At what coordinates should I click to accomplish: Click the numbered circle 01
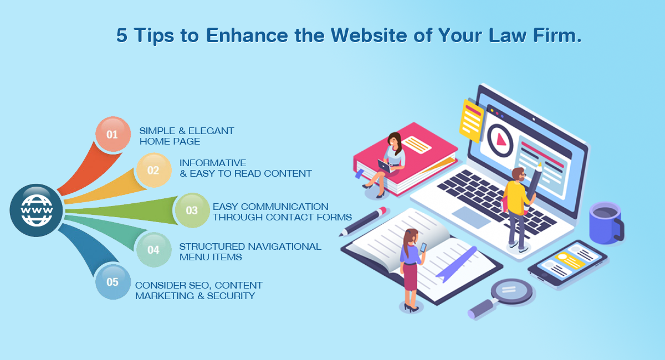tap(113, 134)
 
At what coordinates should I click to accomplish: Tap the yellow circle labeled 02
tap(154, 170)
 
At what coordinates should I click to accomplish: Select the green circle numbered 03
tap(192, 210)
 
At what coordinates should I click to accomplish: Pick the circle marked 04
tap(154, 250)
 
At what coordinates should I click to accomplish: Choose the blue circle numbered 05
tap(113, 282)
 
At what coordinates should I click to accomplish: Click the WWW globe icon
tap(36, 210)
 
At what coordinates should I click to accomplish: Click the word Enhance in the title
tap(247, 35)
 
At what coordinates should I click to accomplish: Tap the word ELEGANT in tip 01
tap(211, 131)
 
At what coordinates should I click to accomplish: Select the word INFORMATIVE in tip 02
tap(213, 163)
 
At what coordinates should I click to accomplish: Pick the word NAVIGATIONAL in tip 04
tap(285, 246)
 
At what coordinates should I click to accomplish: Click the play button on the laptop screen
tap(500, 140)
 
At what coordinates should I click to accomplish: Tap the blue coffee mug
tap(606, 223)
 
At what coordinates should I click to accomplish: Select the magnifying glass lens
tap(511, 291)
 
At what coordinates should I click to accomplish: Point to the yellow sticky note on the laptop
tap(472, 121)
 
